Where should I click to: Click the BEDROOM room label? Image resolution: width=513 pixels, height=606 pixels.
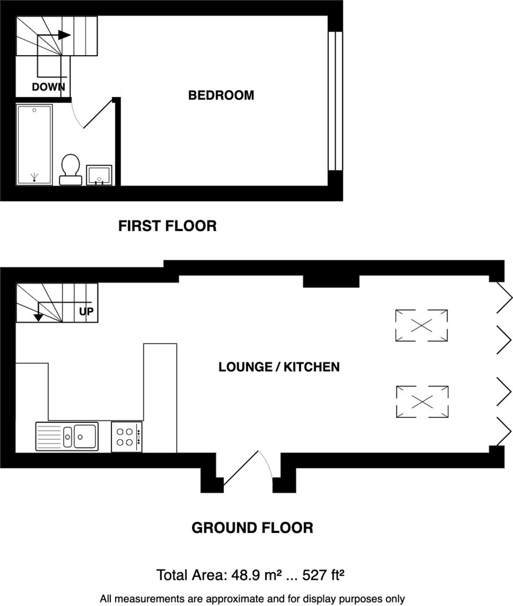coord(221,95)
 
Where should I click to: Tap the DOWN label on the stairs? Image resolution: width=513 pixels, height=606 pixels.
coord(48,87)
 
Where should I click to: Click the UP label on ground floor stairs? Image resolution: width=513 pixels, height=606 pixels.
coord(86,311)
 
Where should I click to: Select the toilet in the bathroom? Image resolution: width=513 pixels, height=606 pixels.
coord(70,170)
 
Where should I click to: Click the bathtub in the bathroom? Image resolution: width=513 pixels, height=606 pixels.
coord(34,145)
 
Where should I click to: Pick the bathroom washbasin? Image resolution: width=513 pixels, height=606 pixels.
coord(99,175)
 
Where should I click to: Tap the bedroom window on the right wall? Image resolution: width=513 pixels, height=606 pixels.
coord(335,101)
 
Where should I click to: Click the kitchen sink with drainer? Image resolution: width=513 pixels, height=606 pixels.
coord(67,436)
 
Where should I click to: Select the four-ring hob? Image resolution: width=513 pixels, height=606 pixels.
coord(126,437)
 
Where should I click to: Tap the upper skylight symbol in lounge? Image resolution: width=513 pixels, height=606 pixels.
coord(421,325)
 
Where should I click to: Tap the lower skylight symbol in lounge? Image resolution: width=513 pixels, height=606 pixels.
coord(422,402)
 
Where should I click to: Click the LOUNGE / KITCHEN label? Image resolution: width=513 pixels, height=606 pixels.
coord(279,367)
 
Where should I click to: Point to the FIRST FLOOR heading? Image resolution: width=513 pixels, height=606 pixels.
coord(167,226)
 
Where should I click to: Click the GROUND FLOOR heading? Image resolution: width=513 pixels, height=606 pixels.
coord(252,528)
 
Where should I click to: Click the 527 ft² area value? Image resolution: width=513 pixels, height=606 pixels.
coord(323,576)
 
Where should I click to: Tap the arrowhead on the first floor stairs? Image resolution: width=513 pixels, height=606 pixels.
coord(64,35)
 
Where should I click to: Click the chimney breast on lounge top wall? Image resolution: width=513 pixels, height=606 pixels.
coord(331,281)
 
